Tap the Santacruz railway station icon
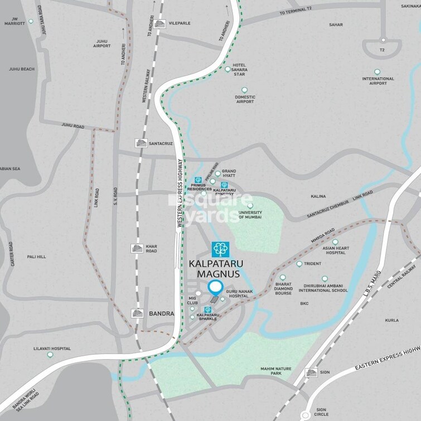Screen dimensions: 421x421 pyautogui.click(x=141, y=143)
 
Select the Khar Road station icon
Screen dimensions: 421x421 pyautogui.click(x=136, y=248)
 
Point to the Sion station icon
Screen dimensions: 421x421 pyautogui.click(x=311, y=372)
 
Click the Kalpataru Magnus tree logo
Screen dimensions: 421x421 pyautogui.click(x=220, y=249)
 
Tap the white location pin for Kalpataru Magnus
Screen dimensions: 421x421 pyautogui.click(x=215, y=288)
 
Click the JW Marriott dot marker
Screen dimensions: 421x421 pyautogui.click(x=31, y=21)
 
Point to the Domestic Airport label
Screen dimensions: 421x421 pyautogui.click(x=245, y=99)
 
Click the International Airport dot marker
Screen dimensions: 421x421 pyautogui.click(x=378, y=72)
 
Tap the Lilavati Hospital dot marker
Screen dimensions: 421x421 pyautogui.click(x=50, y=355)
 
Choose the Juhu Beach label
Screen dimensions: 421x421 pyautogui.click(x=22, y=69)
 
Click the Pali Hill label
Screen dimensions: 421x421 pyautogui.click(x=37, y=257)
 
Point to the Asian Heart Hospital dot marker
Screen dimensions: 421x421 pyautogui.click(x=335, y=242)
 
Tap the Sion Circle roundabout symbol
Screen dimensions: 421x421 pyautogui.click(x=304, y=415)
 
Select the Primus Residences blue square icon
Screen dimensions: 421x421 pyautogui.click(x=197, y=180)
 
